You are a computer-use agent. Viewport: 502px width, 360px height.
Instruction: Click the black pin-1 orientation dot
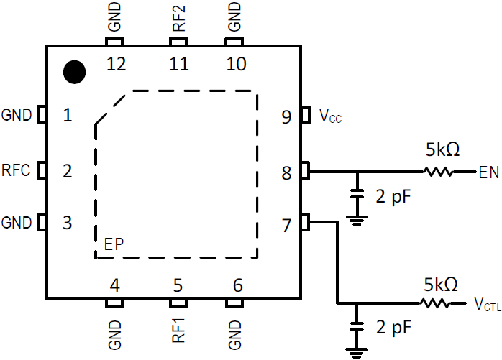coord(74,71)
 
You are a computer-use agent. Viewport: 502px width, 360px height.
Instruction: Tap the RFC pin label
coord(17,171)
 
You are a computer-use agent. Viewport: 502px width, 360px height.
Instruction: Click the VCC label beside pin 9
coord(330,116)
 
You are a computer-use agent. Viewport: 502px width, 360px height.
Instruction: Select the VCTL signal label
coord(487,305)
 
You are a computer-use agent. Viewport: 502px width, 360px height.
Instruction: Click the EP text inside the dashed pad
coord(114,244)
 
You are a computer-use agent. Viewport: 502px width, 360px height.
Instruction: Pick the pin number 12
coord(115,65)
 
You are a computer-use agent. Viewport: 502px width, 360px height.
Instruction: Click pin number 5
coord(177,285)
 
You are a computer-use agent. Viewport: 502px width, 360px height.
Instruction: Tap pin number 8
coord(286,172)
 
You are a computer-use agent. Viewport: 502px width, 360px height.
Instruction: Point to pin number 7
coord(286,225)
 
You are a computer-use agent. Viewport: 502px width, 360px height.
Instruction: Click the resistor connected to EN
coord(438,172)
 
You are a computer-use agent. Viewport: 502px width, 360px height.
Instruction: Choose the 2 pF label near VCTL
coord(393,327)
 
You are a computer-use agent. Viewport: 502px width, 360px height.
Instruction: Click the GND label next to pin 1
coord(17,114)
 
